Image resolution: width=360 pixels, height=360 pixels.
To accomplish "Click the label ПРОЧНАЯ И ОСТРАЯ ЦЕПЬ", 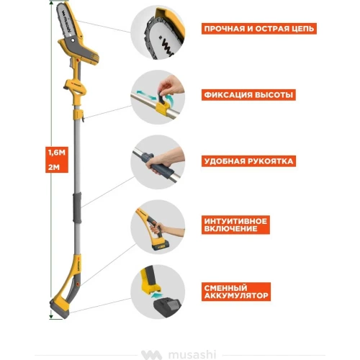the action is (x=259, y=29).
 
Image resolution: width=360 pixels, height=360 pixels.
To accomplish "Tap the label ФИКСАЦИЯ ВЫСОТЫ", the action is (x=248, y=95).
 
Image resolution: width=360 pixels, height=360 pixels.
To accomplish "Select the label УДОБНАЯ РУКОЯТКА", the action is (x=248, y=161).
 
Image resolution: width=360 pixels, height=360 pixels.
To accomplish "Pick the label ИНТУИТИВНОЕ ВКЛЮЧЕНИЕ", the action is (x=235, y=225).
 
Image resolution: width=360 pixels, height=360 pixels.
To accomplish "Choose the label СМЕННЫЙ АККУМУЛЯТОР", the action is (x=236, y=292).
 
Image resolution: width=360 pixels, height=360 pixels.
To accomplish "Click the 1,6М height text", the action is (x=57, y=153).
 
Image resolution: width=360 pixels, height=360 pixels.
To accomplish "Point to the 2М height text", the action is (x=54, y=167).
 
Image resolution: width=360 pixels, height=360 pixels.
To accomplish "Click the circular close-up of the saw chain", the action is (x=158, y=32).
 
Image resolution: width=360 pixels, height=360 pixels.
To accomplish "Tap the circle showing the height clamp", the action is (x=158, y=97).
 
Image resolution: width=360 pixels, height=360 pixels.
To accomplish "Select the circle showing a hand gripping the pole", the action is (x=158, y=162).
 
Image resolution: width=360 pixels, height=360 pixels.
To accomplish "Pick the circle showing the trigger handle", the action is (x=158, y=227).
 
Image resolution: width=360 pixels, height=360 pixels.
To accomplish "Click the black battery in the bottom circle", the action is (x=167, y=308).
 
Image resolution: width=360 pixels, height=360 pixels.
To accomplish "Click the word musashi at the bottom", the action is (x=192, y=355).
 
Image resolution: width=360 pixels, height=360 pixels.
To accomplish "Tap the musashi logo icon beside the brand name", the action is (x=151, y=355).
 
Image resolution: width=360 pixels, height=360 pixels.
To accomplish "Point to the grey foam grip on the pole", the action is (x=77, y=207).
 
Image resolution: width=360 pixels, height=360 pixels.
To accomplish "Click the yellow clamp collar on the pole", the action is (x=78, y=114).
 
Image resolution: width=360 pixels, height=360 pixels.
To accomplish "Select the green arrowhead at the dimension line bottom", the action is (x=51, y=317).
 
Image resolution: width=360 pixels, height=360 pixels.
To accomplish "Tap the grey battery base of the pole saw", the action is (x=59, y=309).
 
